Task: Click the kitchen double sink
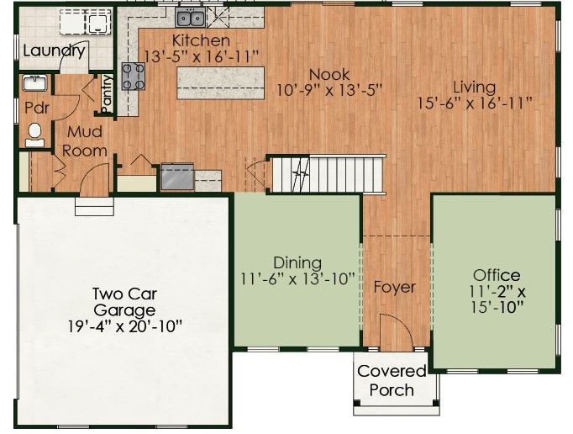190,19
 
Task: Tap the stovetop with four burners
133,76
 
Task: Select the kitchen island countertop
221,82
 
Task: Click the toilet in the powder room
34,135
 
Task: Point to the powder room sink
34,82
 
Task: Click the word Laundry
54,50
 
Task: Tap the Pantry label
107,93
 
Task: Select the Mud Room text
84,141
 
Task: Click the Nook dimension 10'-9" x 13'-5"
329,90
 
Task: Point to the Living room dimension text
475,103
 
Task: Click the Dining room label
297,262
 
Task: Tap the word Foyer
395,288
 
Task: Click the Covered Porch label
392,380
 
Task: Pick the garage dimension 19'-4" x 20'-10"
125,326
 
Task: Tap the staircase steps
329,175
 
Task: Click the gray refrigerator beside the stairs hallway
177,177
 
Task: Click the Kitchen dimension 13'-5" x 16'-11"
202,56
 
